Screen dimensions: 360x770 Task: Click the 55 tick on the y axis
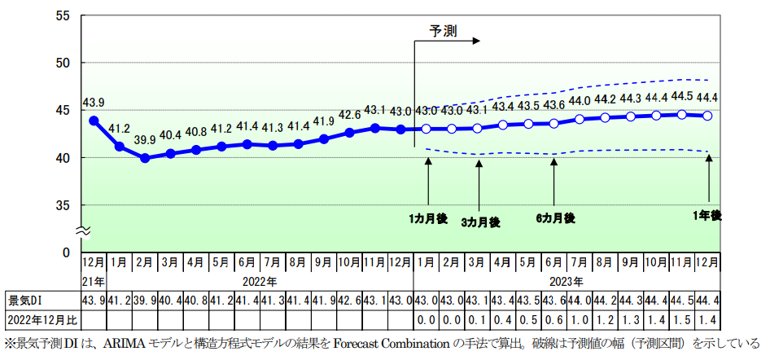[x=63, y=16]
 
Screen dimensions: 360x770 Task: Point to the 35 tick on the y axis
[x=63, y=205]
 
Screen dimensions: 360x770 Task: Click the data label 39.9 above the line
[x=145, y=140]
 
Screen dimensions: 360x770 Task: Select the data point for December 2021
[x=94, y=121]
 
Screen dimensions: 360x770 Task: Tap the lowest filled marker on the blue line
[x=145, y=158]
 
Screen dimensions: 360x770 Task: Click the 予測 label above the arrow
[x=444, y=31]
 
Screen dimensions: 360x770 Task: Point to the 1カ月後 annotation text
[x=428, y=217]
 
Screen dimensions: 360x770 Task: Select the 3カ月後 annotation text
[x=480, y=222]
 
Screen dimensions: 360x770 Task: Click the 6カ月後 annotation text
[x=555, y=217]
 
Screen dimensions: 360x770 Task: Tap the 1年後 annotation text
[x=707, y=215]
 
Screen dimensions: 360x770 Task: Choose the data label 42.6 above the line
[x=349, y=114]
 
